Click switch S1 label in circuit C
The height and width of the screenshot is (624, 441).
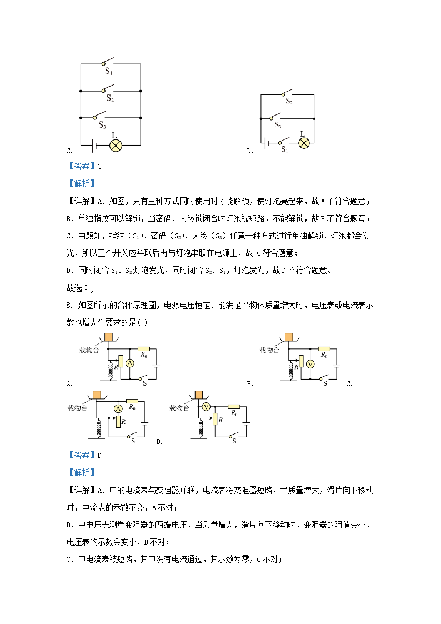tap(109, 71)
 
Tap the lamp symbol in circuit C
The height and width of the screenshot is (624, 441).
tap(116, 146)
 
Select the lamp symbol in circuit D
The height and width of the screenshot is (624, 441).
tap(304, 143)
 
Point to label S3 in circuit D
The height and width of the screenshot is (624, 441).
tap(278, 126)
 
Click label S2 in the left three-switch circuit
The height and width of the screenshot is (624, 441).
tap(110, 98)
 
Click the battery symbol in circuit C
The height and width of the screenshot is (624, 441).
tap(95, 146)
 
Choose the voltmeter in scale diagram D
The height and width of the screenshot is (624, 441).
tap(206, 407)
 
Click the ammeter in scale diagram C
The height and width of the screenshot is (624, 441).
tap(118, 408)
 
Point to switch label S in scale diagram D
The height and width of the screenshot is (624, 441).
tap(234, 441)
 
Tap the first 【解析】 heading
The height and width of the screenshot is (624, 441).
tap(81, 183)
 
